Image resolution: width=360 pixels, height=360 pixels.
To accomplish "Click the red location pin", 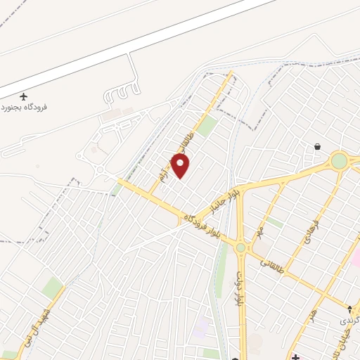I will pos(181,165).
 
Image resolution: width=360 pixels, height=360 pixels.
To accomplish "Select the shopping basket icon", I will pos(318,147).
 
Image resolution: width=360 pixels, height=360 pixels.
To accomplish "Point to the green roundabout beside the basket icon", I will pos(340,161).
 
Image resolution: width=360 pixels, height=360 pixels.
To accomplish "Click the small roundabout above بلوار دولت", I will pos(241,247).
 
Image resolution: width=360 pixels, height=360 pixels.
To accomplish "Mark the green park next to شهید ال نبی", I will pos(51,287).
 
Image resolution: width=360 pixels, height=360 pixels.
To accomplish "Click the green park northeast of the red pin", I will pos(207,126).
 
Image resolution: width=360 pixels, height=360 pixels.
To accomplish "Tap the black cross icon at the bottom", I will pos(296,357).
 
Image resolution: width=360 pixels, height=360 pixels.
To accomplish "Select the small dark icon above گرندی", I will pos(349,309).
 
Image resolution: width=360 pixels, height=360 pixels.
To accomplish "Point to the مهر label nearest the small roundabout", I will pos(259,231).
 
